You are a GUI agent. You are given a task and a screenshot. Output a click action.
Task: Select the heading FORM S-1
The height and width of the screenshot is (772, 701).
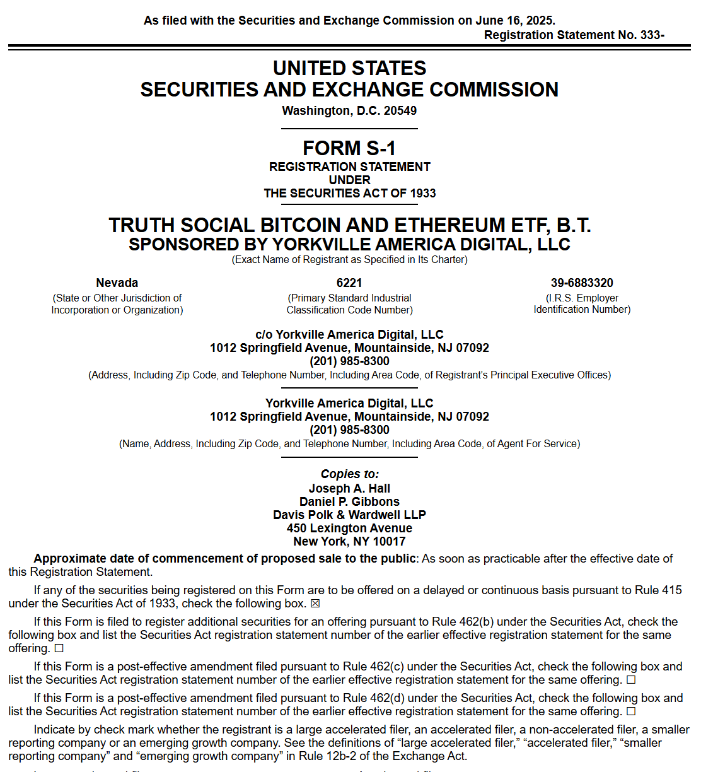pos(349,148)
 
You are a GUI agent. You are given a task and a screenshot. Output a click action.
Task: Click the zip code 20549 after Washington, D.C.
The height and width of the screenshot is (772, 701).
pos(400,110)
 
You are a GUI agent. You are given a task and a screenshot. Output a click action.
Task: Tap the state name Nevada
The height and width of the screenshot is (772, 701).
pos(117,283)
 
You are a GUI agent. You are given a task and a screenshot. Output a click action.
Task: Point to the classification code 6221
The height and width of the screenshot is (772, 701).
pos(349,283)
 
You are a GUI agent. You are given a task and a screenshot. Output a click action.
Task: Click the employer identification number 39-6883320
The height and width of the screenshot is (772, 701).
pos(582,283)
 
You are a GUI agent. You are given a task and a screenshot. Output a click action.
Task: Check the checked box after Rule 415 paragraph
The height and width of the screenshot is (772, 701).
pos(316,604)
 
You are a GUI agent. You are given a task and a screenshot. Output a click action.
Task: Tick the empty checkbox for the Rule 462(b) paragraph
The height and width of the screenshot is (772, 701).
pos(59,648)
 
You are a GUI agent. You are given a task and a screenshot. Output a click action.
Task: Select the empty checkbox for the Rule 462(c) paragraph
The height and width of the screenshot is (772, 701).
pos(631,680)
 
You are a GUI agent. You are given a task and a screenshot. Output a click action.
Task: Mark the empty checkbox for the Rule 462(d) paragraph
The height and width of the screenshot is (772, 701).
pos(631,711)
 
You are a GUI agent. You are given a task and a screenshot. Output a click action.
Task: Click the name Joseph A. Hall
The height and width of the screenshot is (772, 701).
pos(349,488)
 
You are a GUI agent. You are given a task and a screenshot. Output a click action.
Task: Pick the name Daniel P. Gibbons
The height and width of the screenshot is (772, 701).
pos(349,501)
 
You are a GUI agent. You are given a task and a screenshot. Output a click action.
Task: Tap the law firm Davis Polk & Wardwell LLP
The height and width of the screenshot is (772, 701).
pos(349,515)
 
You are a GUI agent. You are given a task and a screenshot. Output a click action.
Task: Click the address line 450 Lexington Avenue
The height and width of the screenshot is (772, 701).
pos(349,528)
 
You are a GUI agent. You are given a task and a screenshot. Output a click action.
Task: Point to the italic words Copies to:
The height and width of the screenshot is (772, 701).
pos(349,474)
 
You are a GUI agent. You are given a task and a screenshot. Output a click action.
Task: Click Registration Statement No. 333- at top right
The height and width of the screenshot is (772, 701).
pos(574,35)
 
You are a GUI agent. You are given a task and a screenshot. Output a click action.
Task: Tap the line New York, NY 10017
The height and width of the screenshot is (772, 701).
pos(349,541)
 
